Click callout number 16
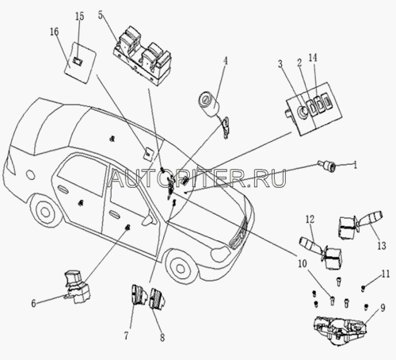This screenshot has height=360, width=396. pos(55,32)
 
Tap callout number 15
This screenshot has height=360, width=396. pos(79,16)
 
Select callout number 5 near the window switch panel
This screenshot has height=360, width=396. pos(101,15)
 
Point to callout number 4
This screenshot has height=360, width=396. pos(225,61)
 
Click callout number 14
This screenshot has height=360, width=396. pos(313,58)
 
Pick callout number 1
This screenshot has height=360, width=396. pos(356,165)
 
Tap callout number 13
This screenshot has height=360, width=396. pos(382,246)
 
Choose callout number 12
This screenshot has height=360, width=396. pos(310,219)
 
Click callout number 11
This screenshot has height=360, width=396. pos(386,274)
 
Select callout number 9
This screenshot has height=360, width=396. pos(383,308)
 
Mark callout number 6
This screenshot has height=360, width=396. pos(33,303)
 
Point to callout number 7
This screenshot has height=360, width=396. pos(126,335)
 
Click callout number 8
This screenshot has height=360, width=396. pos(162,337)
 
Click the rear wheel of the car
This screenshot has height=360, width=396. pos(45,211)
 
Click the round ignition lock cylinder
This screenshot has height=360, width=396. pos(209,104)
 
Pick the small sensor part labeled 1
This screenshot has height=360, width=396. pos(327,166)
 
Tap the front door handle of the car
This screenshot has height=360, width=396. pos(115,213)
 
